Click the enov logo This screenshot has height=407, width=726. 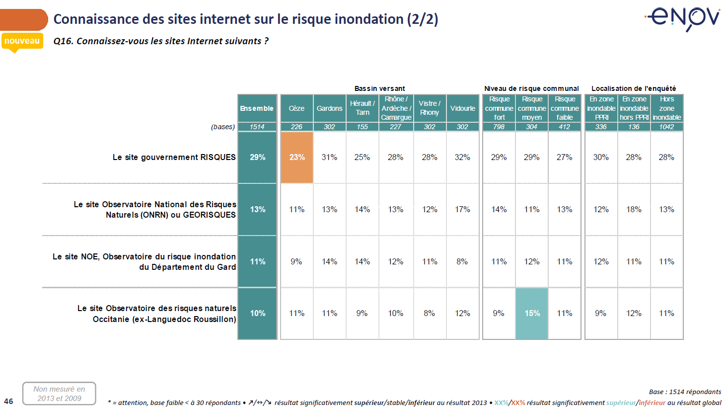point(684,18)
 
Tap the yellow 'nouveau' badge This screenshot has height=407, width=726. point(22,41)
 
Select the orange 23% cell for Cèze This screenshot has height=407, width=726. point(297,157)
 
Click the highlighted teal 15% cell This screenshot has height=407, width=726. point(532,313)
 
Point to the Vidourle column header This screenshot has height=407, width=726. point(462,108)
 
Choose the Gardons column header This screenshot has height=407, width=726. point(329,108)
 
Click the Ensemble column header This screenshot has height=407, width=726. point(257,108)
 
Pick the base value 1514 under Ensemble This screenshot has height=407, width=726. point(257,127)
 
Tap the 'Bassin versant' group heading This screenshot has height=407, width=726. point(379,88)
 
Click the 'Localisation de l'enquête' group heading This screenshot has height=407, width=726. point(633,88)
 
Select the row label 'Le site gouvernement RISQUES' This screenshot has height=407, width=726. point(174,157)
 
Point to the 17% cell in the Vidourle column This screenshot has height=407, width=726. point(462,209)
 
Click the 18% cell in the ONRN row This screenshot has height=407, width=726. point(634,209)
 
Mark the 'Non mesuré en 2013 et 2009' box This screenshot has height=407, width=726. point(59,394)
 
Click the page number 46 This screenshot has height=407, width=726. point(9,401)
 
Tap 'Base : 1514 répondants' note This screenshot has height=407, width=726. point(685,392)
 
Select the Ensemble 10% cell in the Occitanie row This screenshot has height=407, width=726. point(257,313)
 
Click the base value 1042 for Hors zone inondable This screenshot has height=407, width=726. point(666,127)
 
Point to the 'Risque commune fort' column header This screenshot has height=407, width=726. point(499,108)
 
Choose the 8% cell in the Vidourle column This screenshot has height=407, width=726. point(462,261)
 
